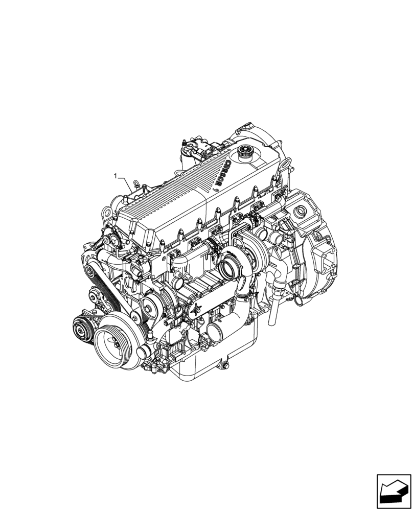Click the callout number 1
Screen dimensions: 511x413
pos(116,176)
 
